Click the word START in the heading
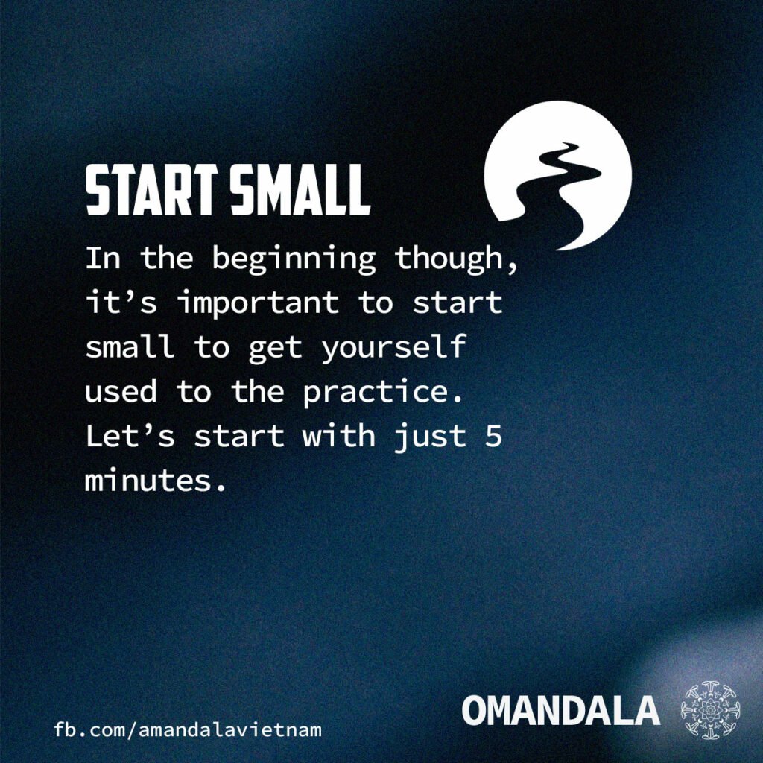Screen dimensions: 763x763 151,189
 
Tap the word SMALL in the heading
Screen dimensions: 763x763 300,189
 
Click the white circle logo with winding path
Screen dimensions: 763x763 557,176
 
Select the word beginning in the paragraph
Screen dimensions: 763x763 294,259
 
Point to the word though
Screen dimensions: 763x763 455,259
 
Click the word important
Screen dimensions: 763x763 258,303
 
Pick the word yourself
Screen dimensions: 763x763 393,348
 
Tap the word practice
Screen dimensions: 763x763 382,393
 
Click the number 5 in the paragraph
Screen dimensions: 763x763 493,435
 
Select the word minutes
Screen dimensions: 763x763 156,480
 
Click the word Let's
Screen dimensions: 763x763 130,435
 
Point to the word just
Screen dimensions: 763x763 430,437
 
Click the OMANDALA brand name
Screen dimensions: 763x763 560,710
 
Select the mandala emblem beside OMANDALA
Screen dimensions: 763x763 710,710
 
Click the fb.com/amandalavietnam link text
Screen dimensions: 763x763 187,730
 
